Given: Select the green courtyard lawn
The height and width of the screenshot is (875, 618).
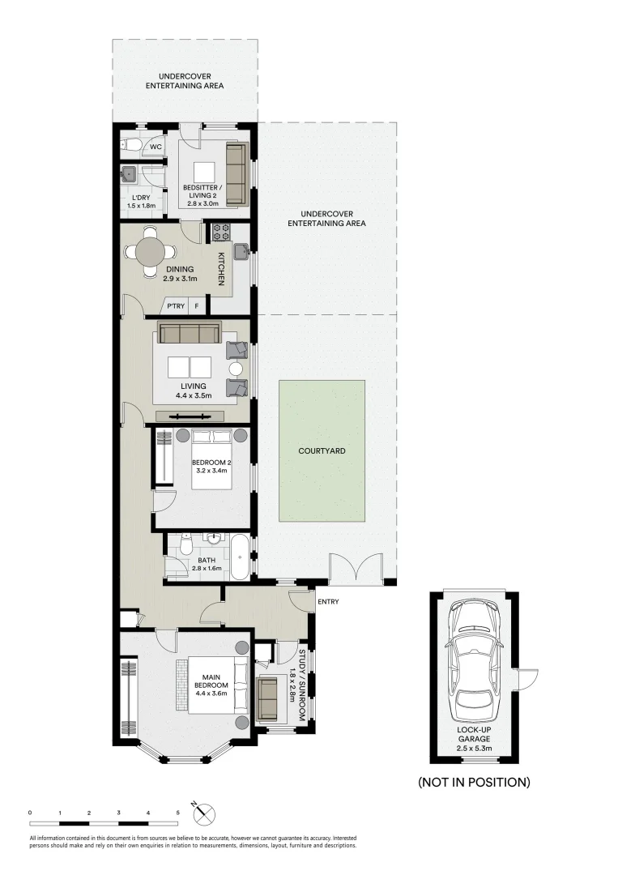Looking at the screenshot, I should click(x=322, y=450).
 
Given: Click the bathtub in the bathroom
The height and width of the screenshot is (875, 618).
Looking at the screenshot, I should click(x=240, y=557).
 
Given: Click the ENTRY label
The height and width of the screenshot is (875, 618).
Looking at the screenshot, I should click(x=329, y=601).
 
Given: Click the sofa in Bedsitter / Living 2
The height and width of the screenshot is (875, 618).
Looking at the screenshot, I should click(x=235, y=174).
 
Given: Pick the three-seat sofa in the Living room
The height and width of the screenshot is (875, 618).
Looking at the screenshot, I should click(x=189, y=334).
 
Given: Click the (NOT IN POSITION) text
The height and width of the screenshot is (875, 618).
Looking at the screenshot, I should click(x=474, y=782).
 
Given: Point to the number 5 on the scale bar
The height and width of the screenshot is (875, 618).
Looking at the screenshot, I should click(x=177, y=811).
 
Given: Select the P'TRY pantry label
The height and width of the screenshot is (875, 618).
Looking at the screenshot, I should click(x=174, y=306).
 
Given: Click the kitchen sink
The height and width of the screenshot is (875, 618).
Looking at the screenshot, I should click(x=241, y=253).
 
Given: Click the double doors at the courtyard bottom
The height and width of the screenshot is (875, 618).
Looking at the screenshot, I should click(x=356, y=570).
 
